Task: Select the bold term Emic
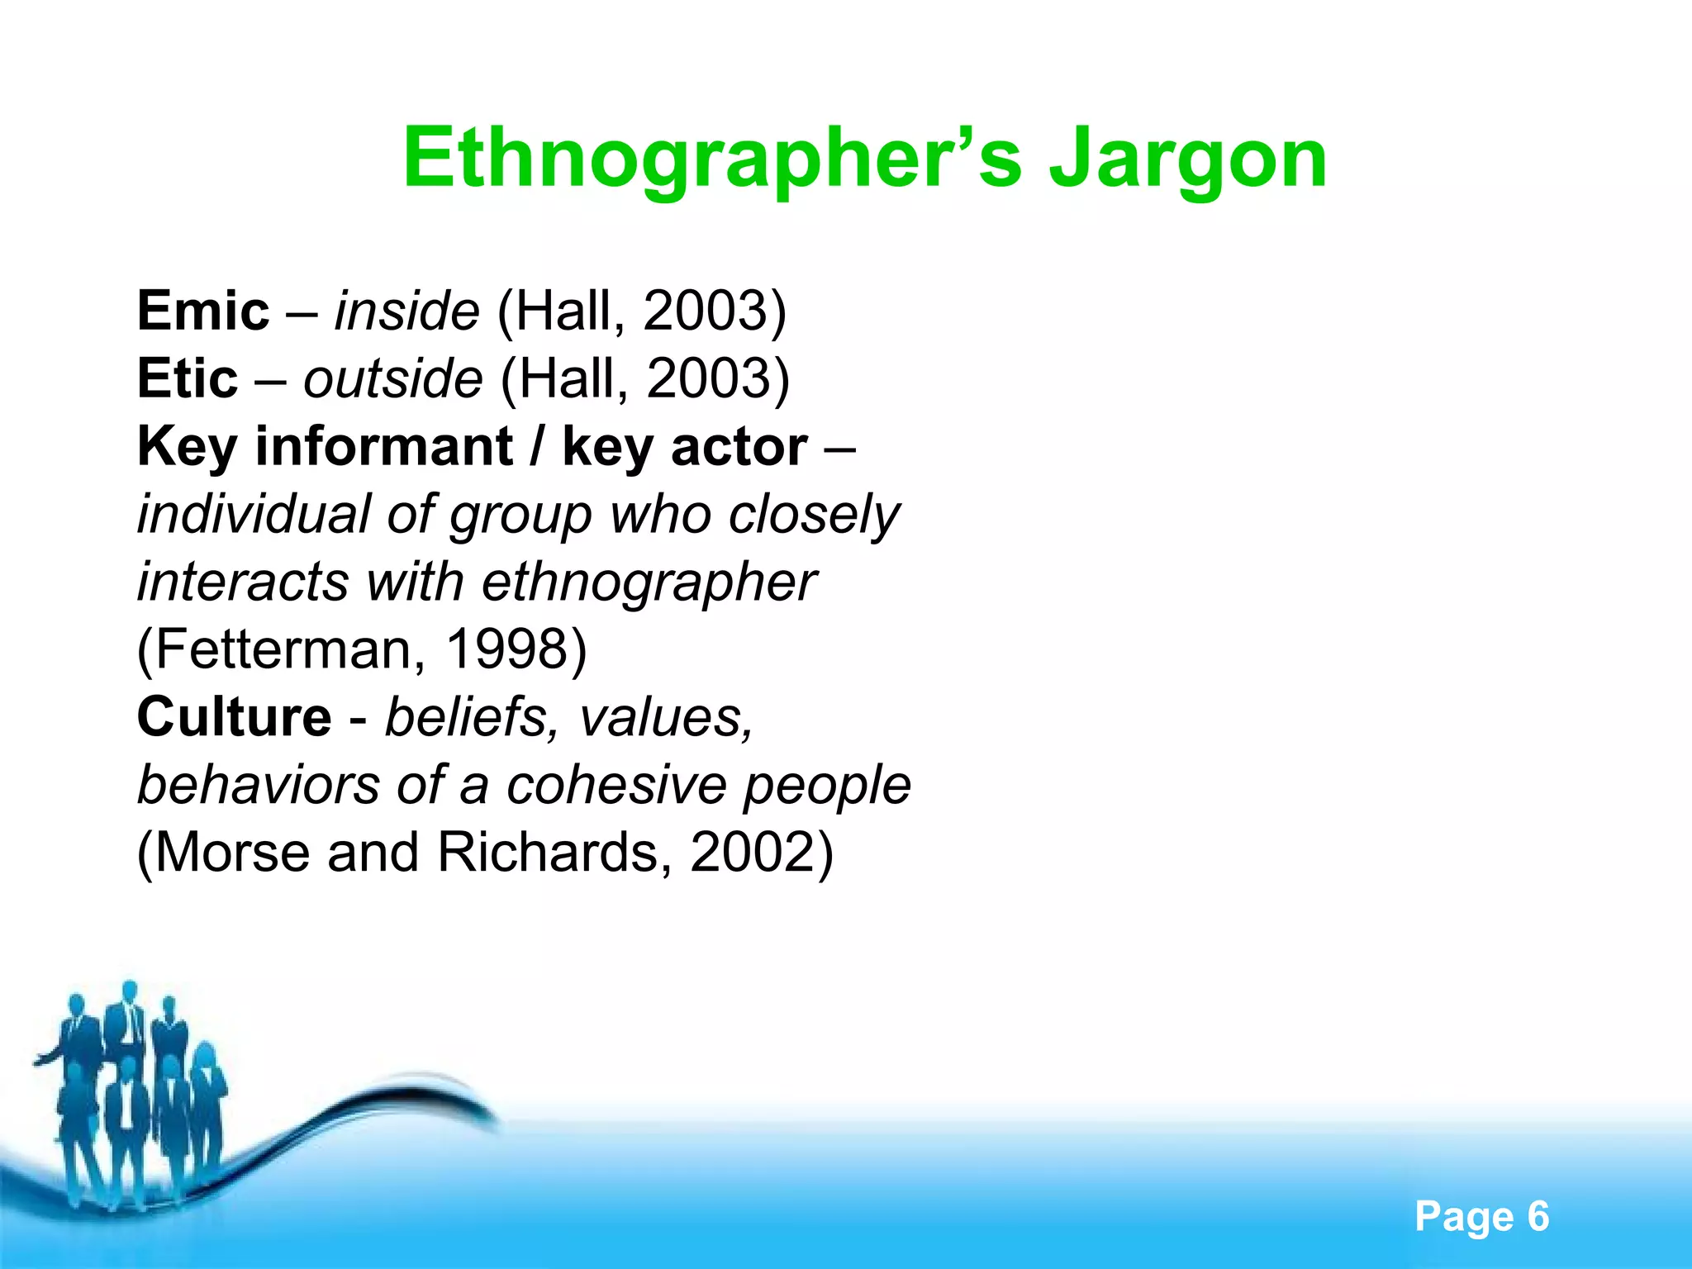(x=203, y=311)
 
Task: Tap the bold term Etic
(x=188, y=379)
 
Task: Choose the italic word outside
(x=393, y=379)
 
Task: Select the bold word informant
(x=384, y=447)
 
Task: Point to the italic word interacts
(x=243, y=582)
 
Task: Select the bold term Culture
(x=234, y=717)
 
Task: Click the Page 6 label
(x=1481, y=1217)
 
